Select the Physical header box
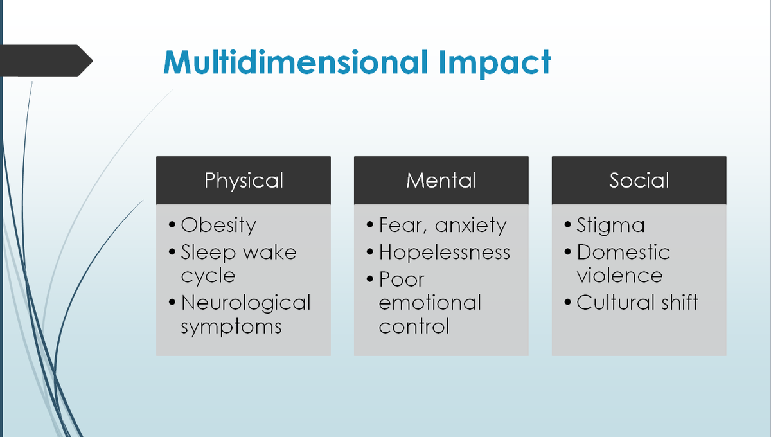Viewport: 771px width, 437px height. [244, 180]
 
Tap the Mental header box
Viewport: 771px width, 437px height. [441, 180]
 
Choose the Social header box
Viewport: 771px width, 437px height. [639, 180]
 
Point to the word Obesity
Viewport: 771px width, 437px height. [218, 225]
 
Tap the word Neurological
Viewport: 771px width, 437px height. [245, 302]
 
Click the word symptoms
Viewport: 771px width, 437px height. [231, 326]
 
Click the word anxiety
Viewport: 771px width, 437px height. [471, 226]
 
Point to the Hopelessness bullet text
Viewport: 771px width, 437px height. [445, 252]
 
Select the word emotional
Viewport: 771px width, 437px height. [430, 302]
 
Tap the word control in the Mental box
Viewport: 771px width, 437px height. [414, 326]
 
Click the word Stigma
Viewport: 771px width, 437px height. [610, 226]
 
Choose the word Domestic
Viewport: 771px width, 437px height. [623, 252]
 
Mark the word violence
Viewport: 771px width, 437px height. [619, 276]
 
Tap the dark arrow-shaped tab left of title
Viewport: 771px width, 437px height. [45, 61]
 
